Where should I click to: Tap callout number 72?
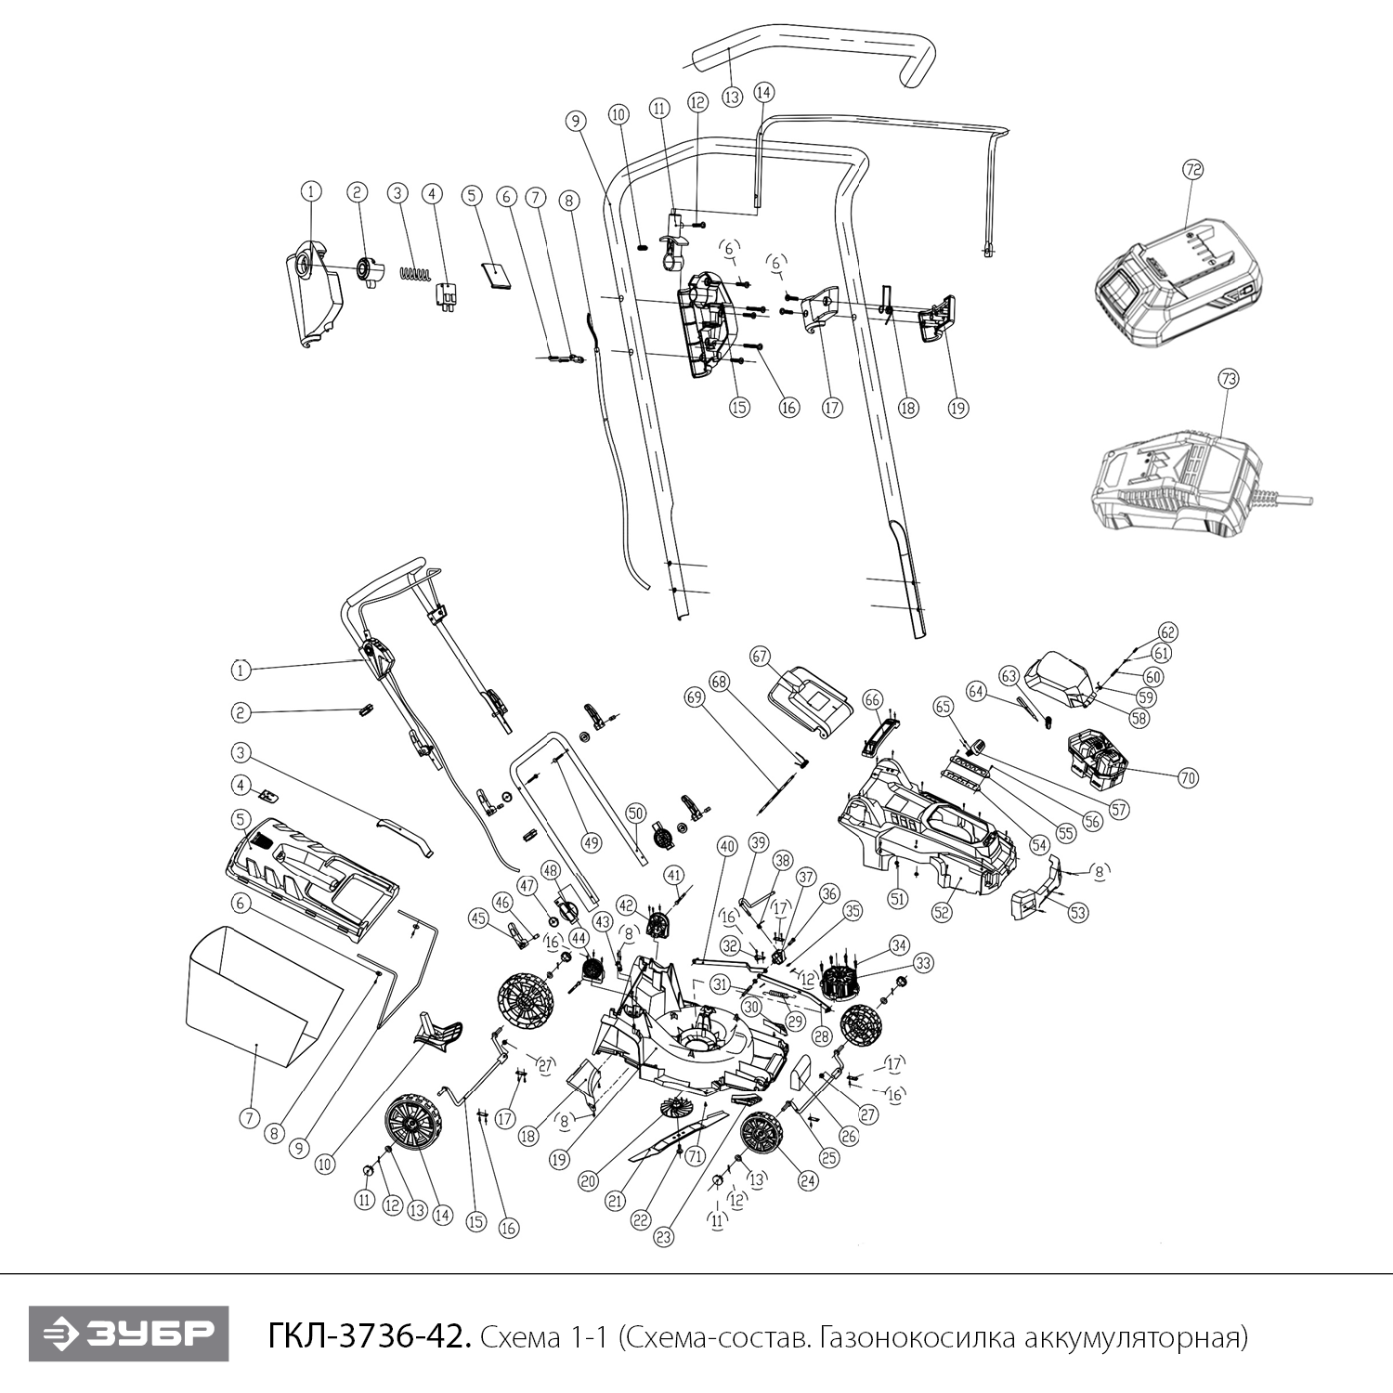(1192, 169)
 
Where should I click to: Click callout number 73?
(1229, 379)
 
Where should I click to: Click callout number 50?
(635, 812)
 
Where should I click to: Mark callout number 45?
(478, 918)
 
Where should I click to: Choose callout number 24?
(808, 1182)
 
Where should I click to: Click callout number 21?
(614, 1200)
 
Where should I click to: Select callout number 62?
(1167, 632)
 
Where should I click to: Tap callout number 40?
(726, 846)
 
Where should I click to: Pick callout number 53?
(1078, 913)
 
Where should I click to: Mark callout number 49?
(592, 843)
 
